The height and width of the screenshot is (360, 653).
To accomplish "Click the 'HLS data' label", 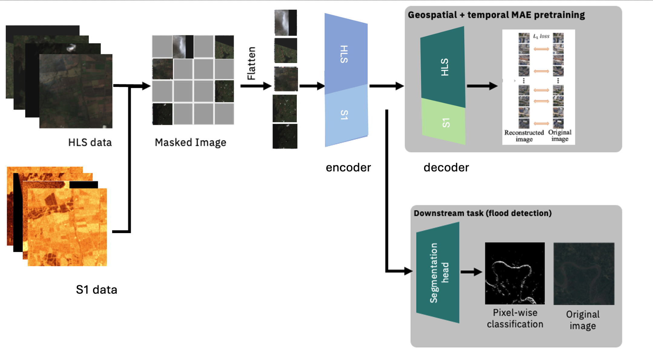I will [x=90, y=142].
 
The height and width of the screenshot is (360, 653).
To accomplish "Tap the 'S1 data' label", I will [x=96, y=290].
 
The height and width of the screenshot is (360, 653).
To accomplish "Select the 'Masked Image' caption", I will [x=190, y=142].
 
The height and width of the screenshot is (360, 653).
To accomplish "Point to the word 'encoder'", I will [x=348, y=168].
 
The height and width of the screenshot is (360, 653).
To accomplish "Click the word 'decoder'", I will [x=446, y=168].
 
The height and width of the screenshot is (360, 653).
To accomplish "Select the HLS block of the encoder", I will [x=345, y=55].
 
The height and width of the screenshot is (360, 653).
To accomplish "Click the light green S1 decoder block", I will [x=444, y=123].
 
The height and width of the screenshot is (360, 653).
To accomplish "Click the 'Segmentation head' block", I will [x=438, y=273].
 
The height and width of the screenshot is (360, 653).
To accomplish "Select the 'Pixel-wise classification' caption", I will [x=515, y=318].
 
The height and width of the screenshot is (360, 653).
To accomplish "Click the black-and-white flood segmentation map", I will [x=515, y=273].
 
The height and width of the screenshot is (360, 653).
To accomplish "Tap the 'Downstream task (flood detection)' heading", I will [x=482, y=213].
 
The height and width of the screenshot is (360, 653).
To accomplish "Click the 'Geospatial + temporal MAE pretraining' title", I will [x=496, y=15].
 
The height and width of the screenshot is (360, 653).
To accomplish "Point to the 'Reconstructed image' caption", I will [x=524, y=136].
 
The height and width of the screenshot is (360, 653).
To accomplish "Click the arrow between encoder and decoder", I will [x=386, y=86].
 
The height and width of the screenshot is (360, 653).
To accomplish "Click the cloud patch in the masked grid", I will [x=183, y=47].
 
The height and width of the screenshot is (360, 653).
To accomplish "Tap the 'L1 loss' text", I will [x=541, y=36].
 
